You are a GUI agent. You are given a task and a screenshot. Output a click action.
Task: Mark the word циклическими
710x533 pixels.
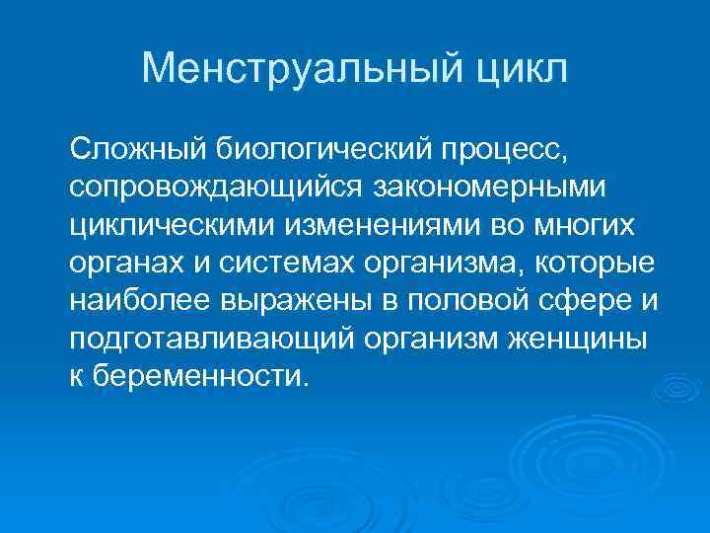[174, 226]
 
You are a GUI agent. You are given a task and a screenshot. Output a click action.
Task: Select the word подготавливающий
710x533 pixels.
[206, 339]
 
